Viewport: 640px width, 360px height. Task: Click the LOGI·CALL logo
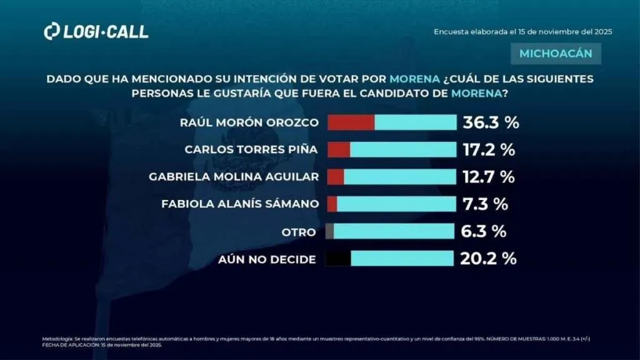[96, 32]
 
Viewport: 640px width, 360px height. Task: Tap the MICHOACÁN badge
[556, 54]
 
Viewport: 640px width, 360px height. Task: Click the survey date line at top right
[522, 32]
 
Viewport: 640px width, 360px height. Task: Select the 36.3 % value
[491, 122]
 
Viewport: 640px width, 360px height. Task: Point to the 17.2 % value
[488, 150]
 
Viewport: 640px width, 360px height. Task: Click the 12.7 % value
[488, 177]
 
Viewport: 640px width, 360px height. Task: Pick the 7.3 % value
[484, 204]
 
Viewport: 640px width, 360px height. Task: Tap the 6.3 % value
[482, 231]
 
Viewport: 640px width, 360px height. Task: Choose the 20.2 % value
[488, 258]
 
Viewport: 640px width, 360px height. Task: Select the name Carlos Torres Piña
[252, 150]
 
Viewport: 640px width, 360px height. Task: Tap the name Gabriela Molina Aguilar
[234, 177]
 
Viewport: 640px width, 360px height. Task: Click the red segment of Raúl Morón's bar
[351, 122]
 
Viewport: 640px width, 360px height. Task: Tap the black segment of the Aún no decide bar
[338, 258]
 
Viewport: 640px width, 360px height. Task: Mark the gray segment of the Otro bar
[329, 231]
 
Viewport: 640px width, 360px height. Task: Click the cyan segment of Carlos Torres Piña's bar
[403, 150]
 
